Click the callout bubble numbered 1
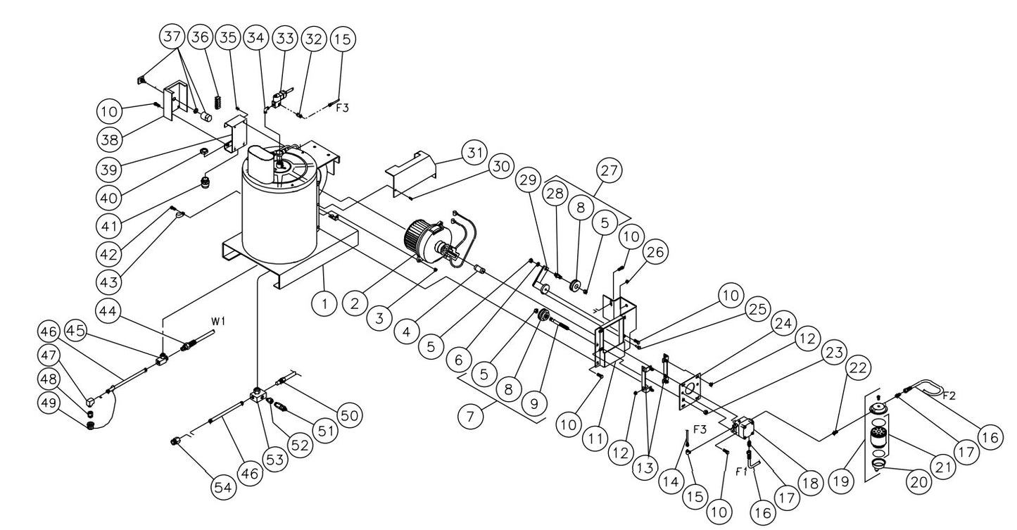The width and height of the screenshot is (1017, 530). tap(324, 305)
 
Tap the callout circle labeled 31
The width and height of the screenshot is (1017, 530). tap(475, 152)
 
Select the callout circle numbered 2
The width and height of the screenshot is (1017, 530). tap(354, 305)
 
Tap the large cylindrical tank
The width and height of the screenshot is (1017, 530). tap(279, 211)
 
